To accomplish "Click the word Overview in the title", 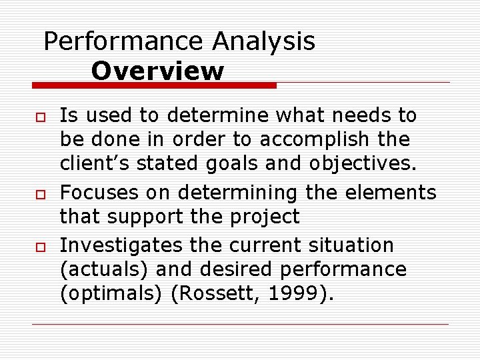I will (x=158, y=71).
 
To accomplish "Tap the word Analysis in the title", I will (x=264, y=41).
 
